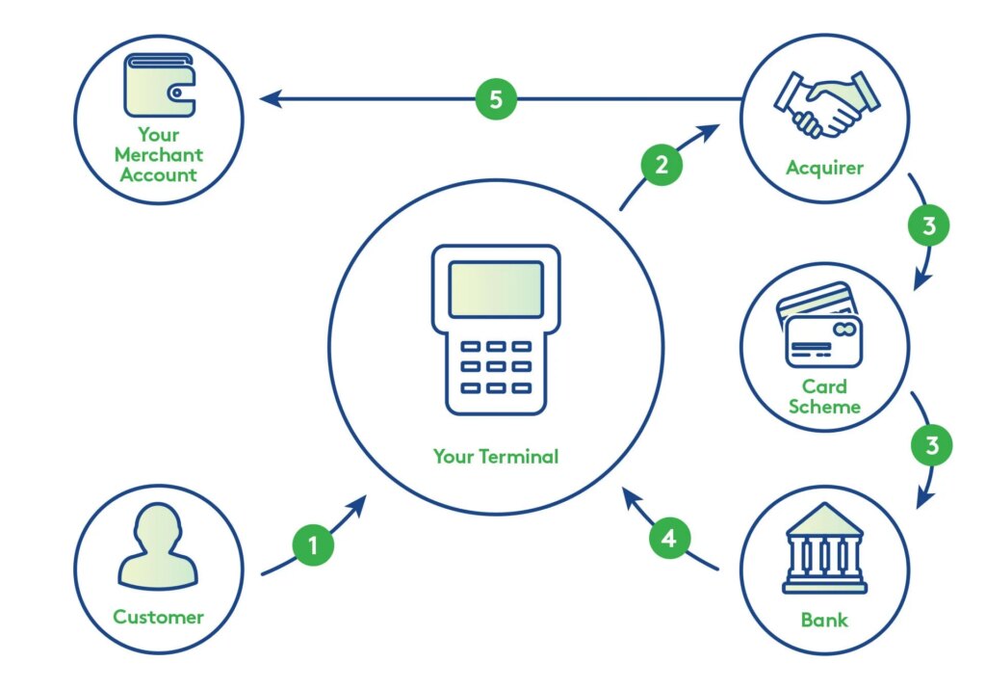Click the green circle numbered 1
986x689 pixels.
click(312, 545)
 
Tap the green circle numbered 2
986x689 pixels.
click(662, 165)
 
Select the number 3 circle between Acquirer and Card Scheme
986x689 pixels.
click(928, 227)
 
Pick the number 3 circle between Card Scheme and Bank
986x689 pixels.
click(931, 446)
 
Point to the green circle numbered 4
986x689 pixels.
click(669, 539)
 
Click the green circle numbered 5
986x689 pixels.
click(496, 99)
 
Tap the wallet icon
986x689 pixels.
click(159, 86)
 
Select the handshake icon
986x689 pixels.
click(824, 100)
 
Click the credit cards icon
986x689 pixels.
click(821, 326)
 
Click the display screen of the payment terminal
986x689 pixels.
click(496, 289)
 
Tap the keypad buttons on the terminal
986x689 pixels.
click(496, 366)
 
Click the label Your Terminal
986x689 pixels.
click(495, 457)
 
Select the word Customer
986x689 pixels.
click(159, 617)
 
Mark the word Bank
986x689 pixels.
click(824, 619)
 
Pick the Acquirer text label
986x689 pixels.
click(824, 169)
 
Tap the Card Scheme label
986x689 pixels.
click(824, 396)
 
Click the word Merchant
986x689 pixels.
click(159, 154)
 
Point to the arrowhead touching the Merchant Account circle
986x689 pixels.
click(269, 98)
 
